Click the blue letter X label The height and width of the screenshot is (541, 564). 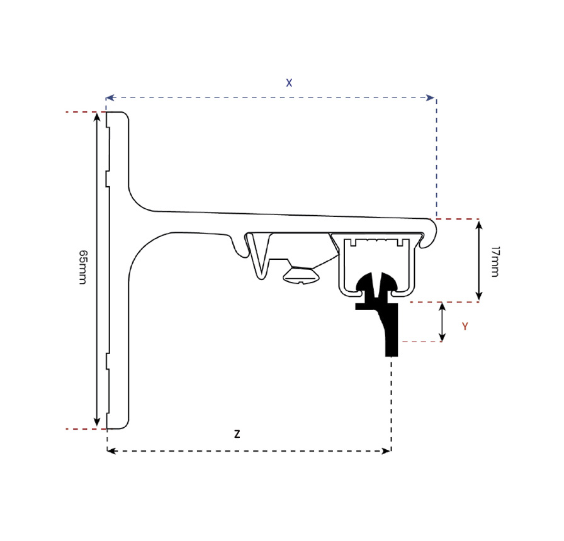[289, 83]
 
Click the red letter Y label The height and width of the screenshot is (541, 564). [465, 326]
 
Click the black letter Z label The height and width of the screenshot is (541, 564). [237, 434]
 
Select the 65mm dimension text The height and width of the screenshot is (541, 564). [82, 267]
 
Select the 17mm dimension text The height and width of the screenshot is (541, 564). [495, 261]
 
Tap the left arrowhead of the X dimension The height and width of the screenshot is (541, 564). [110, 98]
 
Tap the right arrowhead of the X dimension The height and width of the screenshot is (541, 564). [430, 98]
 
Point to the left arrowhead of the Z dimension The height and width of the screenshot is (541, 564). [111, 450]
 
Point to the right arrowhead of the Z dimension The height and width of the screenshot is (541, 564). [386, 450]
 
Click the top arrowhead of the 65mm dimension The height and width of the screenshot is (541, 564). [96, 117]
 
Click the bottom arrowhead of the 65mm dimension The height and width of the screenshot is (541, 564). [96, 422]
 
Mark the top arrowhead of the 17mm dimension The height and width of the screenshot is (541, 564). [479, 225]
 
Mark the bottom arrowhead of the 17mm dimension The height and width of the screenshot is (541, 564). [479, 296]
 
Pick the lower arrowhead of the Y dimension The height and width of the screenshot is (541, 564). [443, 337]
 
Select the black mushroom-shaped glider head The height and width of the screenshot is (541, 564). [376, 282]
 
